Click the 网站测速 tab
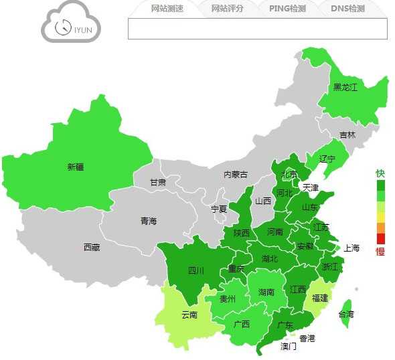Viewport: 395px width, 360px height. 167,9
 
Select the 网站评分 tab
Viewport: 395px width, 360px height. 227,9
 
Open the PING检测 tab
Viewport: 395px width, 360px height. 287,9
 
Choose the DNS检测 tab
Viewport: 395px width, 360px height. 348,9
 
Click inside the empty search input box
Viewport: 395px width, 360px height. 257,29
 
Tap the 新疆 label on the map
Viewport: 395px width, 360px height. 76,167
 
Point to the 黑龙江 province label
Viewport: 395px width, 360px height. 345,87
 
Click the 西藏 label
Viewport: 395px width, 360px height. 92,247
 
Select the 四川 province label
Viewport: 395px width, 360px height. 195,270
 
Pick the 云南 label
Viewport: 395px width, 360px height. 189,314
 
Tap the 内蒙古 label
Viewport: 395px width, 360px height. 235,174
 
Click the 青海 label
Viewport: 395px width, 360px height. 148,221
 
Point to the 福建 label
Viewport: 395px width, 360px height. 320,298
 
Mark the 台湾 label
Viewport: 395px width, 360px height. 345,314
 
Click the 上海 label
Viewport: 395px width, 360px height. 351,248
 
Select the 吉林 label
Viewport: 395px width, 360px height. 347,134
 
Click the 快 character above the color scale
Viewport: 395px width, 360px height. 380,173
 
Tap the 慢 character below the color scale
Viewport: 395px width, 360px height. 380,252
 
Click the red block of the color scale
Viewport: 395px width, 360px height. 381,239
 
